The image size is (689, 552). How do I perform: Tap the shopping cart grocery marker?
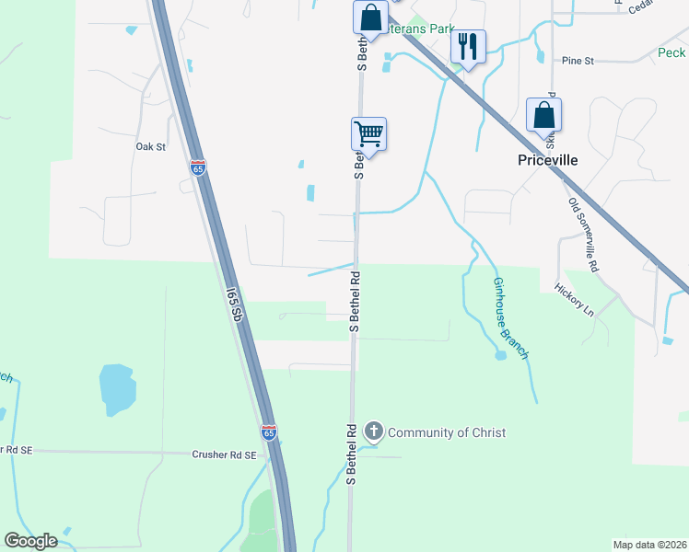coord(368,133)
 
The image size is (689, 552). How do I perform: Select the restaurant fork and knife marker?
coord(468,46)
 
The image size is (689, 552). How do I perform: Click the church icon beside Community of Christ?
coord(374,431)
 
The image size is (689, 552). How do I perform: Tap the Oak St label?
coord(150,146)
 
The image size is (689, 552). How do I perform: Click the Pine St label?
coord(578,61)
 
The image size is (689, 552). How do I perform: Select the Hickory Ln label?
coord(575,299)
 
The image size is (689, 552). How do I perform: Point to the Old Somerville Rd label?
coord(583,235)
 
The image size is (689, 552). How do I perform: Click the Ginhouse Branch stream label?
coord(511,317)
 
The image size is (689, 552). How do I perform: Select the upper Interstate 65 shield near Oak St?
coord(198,167)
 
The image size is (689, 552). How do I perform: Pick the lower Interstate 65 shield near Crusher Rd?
coord(268,431)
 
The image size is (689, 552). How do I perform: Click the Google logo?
coord(30,541)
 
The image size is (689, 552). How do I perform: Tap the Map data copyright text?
coord(650,544)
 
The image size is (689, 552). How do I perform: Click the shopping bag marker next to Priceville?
coord(543,116)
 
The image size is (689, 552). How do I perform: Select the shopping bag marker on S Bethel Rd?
coord(369,18)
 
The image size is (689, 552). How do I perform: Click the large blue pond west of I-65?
coord(117,389)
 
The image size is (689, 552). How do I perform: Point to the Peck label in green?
coord(671,53)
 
